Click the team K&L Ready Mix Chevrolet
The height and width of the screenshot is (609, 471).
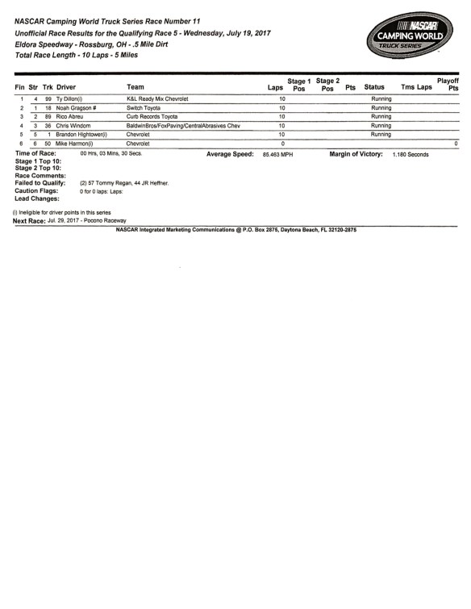click(x=157, y=98)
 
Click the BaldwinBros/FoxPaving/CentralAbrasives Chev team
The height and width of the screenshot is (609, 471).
click(x=183, y=126)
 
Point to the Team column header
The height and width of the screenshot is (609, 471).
click(x=136, y=86)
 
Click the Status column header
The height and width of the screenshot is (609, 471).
click(x=374, y=86)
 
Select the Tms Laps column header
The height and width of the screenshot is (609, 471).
click(x=411, y=86)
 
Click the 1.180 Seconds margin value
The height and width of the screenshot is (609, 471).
click(x=411, y=153)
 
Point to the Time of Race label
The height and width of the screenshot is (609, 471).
click(x=36, y=152)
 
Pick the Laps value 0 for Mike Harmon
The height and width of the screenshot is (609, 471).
click(x=282, y=144)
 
